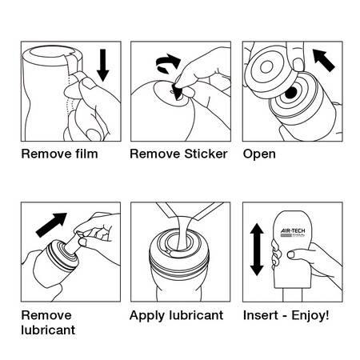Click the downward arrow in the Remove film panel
click(103, 66)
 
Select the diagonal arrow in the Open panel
click(323, 60)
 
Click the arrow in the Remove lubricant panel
click(51, 225)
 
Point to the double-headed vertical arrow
click(257, 250)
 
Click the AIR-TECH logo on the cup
click(293, 233)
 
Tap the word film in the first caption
click(86, 154)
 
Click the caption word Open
click(259, 154)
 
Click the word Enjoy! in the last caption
click(310, 316)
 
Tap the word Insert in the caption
click(261, 315)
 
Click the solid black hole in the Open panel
click(291, 92)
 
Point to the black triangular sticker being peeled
click(178, 92)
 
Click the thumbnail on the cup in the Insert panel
click(291, 254)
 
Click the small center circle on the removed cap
click(266, 66)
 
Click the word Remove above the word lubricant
click(46, 315)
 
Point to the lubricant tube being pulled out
click(73, 242)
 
